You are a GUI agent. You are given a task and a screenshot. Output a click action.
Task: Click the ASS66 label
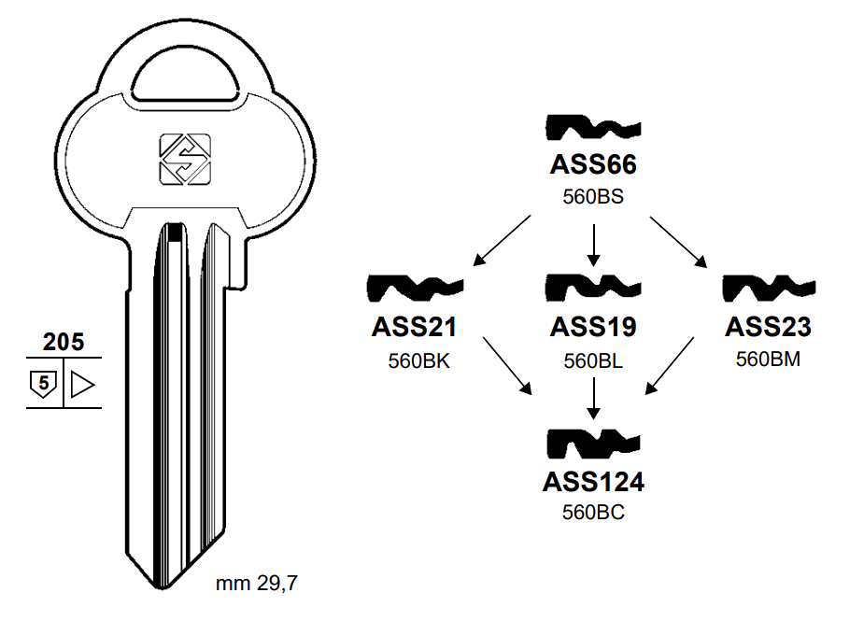592,166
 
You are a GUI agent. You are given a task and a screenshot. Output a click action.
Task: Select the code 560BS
592,197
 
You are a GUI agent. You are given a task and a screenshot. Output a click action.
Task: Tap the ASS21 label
414,328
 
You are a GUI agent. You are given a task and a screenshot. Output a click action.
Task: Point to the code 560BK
418,360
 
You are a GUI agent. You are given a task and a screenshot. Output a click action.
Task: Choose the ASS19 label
592,328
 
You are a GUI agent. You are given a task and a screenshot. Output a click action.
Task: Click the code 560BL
592,360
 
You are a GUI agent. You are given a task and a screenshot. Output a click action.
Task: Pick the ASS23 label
768,328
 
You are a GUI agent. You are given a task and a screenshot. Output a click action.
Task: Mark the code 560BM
768,359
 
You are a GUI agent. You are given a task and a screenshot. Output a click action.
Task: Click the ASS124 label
592,482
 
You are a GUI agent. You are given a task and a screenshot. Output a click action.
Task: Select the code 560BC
592,512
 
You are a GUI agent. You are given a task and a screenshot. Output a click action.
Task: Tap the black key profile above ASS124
592,444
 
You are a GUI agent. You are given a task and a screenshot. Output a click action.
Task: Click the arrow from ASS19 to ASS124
592,397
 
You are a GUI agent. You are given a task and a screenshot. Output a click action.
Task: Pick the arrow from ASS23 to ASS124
672,363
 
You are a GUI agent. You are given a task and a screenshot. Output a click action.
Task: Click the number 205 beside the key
64,342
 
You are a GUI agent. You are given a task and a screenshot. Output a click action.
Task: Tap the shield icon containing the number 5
43,383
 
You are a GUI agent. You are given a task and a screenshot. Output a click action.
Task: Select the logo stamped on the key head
184,159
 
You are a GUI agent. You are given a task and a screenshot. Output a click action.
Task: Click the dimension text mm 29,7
257,585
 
